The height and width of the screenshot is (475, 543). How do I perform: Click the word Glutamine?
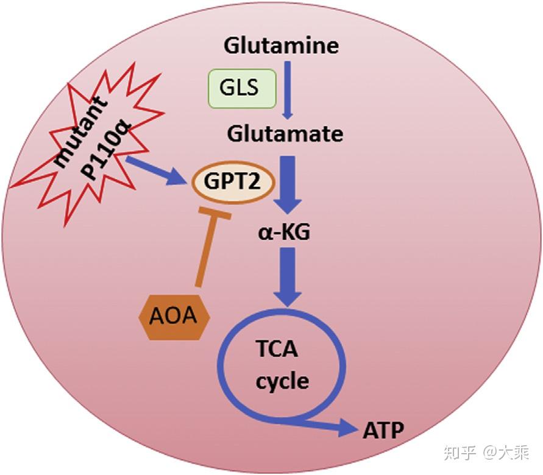(281, 45)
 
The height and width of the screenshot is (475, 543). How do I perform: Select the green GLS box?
(242, 88)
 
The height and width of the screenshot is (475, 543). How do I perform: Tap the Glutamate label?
(285, 133)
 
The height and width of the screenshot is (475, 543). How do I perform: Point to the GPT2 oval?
(233, 182)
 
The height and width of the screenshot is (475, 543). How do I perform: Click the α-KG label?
(284, 232)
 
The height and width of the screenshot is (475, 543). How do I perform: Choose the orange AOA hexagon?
(174, 317)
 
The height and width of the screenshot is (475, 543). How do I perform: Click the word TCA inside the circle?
(277, 349)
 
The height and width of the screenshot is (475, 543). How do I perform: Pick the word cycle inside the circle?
(282, 382)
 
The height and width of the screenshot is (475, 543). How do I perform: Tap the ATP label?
(383, 431)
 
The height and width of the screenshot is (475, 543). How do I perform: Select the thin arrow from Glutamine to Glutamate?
(288, 90)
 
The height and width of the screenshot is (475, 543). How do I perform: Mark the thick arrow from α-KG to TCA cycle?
(288, 276)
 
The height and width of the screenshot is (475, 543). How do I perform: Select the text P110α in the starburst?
(105, 150)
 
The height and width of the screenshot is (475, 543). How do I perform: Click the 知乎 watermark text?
(460, 452)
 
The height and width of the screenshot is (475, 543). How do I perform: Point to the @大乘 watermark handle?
(506, 452)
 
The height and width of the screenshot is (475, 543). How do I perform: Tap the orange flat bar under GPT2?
(215, 213)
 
